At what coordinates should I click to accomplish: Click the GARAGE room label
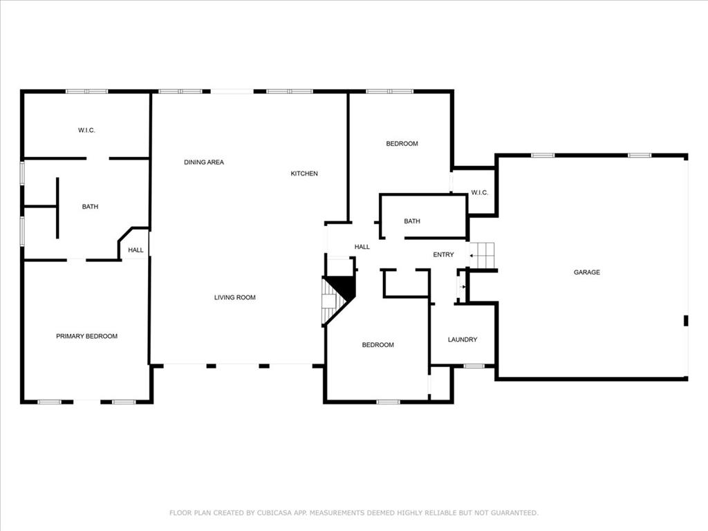(586, 272)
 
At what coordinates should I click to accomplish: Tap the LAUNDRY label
(463, 339)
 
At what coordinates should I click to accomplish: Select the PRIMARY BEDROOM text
(86, 337)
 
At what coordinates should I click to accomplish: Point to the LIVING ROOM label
(235, 297)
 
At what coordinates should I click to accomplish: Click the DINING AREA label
(204, 162)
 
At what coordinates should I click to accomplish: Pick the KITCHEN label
(304, 174)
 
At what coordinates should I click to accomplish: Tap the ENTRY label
(443, 254)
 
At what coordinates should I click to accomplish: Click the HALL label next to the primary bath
(136, 250)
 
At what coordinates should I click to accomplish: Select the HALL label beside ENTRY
(362, 247)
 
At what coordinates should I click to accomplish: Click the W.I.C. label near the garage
(480, 193)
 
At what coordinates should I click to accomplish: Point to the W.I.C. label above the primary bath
(86, 131)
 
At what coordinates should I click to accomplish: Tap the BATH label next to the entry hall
(412, 221)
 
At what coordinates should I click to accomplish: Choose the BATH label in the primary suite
(90, 207)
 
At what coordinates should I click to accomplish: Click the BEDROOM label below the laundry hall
(378, 345)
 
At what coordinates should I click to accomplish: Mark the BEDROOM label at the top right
(402, 144)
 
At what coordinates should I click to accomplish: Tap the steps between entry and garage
(482, 255)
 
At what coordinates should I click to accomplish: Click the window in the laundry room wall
(474, 366)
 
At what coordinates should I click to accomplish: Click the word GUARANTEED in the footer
(514, 513)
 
